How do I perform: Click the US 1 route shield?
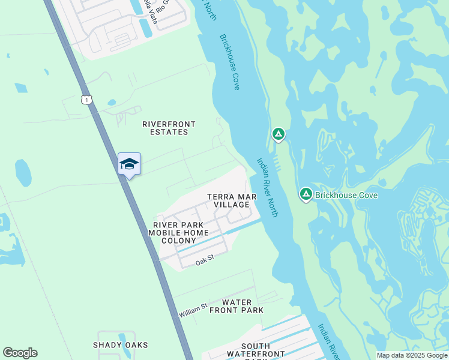87,100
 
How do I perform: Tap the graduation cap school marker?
129,164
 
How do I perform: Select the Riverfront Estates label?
169,128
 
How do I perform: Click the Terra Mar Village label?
232,200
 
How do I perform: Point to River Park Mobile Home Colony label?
178,232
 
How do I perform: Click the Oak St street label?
205,261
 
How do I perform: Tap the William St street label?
193,310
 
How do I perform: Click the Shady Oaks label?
120,345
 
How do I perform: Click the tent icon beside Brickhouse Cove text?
306,194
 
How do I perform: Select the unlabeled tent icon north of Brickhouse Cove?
278,134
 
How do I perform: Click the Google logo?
20,353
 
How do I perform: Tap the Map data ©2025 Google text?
411,355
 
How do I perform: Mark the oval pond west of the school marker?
23,173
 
